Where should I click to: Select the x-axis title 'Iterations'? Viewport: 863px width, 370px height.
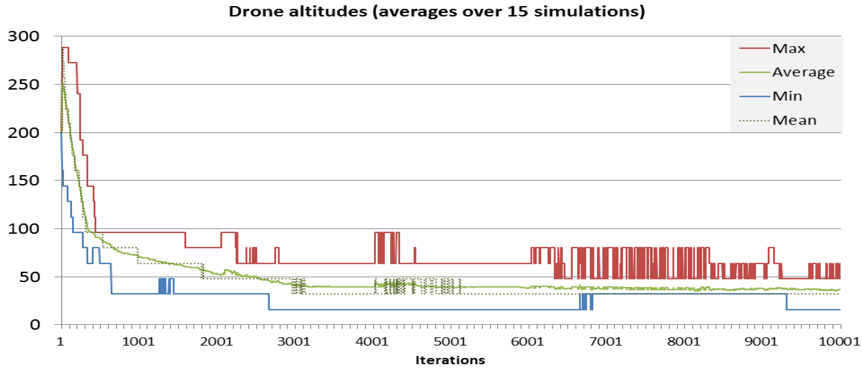[450, 360]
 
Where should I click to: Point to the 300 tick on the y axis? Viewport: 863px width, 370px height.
[23, 36]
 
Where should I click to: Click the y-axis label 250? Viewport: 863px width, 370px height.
[23, 84]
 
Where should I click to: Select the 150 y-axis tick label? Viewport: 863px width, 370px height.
[23, 181]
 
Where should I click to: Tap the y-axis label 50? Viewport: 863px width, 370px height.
[29, 277]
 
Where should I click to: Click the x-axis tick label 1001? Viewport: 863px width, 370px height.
[138, 342]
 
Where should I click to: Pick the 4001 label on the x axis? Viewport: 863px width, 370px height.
[372, 342]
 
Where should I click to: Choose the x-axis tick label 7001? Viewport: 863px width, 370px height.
[605, 342]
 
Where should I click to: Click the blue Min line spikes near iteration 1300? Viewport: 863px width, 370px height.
[162, 286]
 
